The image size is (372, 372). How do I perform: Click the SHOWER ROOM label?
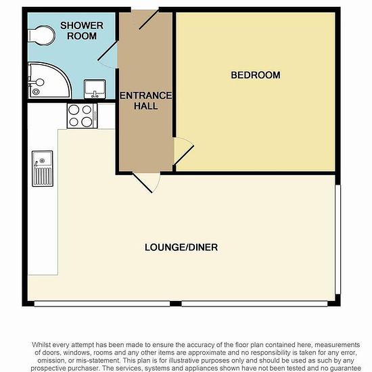coord(82,31)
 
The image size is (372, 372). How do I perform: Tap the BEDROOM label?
coord(256,75)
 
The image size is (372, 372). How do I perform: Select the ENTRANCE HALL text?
coord(145,101)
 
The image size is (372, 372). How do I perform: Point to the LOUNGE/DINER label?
coord(181,248)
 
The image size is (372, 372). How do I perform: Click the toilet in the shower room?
coord(42,36)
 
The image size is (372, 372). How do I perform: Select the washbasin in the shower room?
coord(95,89)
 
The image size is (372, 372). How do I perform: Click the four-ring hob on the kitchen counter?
coord(82,116)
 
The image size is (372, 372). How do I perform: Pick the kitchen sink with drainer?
coord(43,168)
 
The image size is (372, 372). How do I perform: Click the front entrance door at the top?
coord(149,20)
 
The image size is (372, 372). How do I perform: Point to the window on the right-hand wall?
coord(338,239)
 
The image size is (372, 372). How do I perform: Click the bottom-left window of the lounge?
coord(102,304)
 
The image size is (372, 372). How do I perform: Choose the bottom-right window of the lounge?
coord(254,304)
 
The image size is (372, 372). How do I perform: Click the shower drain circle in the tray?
coord(36,91)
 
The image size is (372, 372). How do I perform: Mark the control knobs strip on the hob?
coord(95,116)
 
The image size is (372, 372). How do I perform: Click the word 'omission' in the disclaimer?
coord(51,361)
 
